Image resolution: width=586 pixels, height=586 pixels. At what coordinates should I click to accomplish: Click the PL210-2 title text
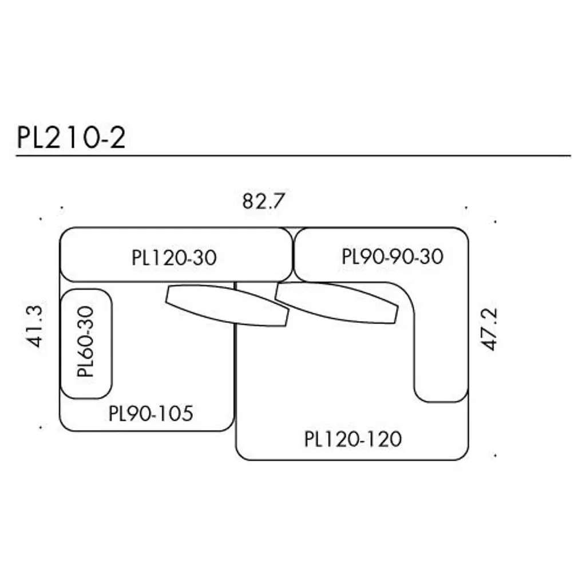click(71, 138)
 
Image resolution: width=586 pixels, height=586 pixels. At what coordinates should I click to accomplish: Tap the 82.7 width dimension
click(264, 201)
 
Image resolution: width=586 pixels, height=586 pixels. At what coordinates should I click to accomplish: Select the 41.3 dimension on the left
click(34, 327)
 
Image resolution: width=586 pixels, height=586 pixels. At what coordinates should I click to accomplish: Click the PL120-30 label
click(174, 258)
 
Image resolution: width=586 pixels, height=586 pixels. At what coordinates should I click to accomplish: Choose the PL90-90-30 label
click(393, 256)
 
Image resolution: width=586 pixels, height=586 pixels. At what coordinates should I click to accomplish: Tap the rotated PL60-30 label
click(85, 342)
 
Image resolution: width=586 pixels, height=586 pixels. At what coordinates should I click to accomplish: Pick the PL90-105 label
click(151, 413)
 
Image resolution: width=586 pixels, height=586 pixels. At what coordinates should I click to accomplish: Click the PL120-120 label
click(353, 439)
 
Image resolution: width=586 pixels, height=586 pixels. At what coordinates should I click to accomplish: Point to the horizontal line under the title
click(293, 155)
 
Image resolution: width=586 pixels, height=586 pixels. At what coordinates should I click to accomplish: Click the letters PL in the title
click(29, 138)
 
